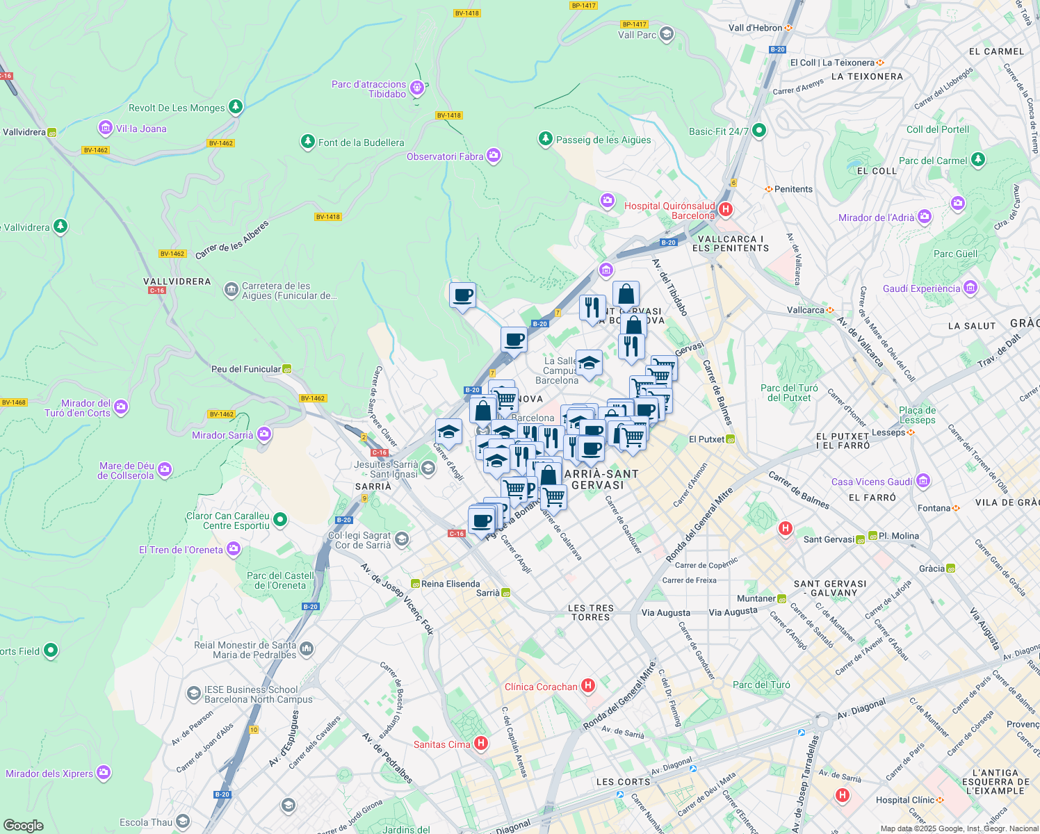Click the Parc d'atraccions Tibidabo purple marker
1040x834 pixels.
click(x=417, y=88)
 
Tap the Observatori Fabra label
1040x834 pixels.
click(x=445, y=156)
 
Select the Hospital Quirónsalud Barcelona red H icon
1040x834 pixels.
click(x=726, y=209)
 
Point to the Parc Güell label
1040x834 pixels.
click(x=955, y=254)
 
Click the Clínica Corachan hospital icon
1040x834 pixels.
click(x=588, y=686)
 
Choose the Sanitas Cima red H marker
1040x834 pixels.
click(x=480, y=744)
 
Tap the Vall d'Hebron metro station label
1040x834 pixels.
click(x=755, y=28)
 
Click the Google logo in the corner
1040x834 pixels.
click(x=23, y=825)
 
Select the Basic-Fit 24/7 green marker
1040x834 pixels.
click(x=759, y=130)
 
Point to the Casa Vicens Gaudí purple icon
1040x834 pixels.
click(x=923, y=480)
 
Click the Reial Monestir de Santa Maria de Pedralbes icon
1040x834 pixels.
click(x=307, y=649)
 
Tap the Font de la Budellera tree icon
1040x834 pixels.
click(x=307, y=142)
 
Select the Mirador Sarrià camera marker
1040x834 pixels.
click(x=263, y=434)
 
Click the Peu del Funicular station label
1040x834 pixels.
click(x=246, y=369)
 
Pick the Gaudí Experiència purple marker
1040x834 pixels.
click(x=970, y=287)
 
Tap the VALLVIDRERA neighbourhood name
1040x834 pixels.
click(x=177, y=281)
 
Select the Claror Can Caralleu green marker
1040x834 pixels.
click(x=280, y=519)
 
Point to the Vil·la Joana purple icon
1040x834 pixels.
click(x=106, y=128)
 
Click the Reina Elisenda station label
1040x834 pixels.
click(x=450, y=584)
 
